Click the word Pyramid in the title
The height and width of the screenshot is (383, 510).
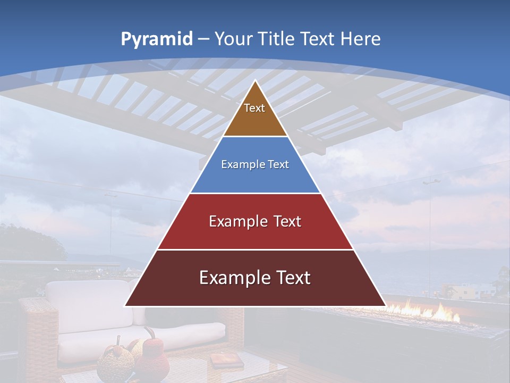click(157, 39)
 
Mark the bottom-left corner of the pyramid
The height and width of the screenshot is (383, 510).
click(125, 306)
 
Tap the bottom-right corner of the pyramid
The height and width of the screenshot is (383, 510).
click(385, 306)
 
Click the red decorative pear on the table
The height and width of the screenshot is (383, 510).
click(153, 359)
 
